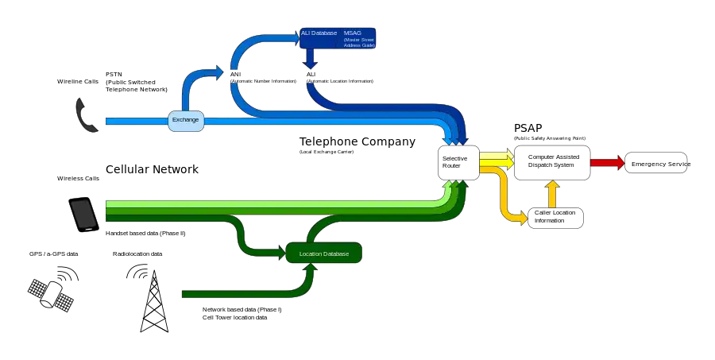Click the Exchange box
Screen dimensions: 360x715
(185, 120)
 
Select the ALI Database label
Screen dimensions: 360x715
(319, 33)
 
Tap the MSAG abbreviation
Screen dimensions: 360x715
(352, 33)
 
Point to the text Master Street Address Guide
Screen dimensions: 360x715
(358, 42)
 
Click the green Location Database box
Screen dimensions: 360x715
(323, 254)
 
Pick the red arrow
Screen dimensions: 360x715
(608, 163)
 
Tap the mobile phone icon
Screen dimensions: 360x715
(84, 215)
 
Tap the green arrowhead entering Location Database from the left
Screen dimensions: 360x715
(280, 254)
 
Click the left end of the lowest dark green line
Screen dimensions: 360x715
(184, 294)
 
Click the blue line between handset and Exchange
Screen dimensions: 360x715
(135, 121)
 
